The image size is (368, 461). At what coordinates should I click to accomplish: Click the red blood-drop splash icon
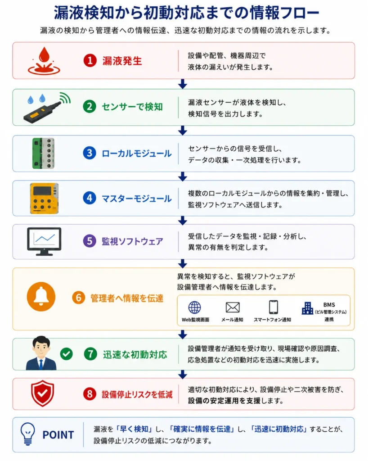click(x=44, y=61)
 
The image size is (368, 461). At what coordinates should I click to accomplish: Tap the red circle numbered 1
click(x=90, y=61)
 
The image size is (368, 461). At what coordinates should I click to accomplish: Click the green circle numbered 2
click(x=90, y=107)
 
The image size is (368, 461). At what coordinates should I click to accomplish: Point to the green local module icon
click(x=43, y=153)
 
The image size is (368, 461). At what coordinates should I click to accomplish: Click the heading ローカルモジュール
click(x=137, y=154)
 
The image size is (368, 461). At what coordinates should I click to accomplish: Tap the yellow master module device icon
click(x=44, y=199)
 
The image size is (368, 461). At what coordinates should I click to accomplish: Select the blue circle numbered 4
click(x=90, y=198)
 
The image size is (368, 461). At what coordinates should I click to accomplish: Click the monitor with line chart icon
click(x=44, y=241)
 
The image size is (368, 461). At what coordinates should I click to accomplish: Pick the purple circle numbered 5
click(x=90, y=241)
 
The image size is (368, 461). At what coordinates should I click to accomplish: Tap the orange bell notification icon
click(x=41, y=297)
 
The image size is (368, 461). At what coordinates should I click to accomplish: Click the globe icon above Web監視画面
click(x=194, y=307)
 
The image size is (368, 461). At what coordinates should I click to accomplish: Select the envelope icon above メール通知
click(x=233, y=307)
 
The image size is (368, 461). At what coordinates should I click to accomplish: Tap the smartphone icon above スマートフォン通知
click(x=274, y=307)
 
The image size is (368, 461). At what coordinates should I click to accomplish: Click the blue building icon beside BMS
click(x=308, y=308)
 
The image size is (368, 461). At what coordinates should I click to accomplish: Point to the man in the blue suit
click(x=41, y=353)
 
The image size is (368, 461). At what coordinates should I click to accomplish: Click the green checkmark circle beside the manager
click(x=67, y=354)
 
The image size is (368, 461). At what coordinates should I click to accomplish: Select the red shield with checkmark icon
click(x=43, y=393)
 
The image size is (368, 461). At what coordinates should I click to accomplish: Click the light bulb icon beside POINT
click(x=27, y=434)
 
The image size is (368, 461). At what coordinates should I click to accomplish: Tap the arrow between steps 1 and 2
click(x=183, y=84)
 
